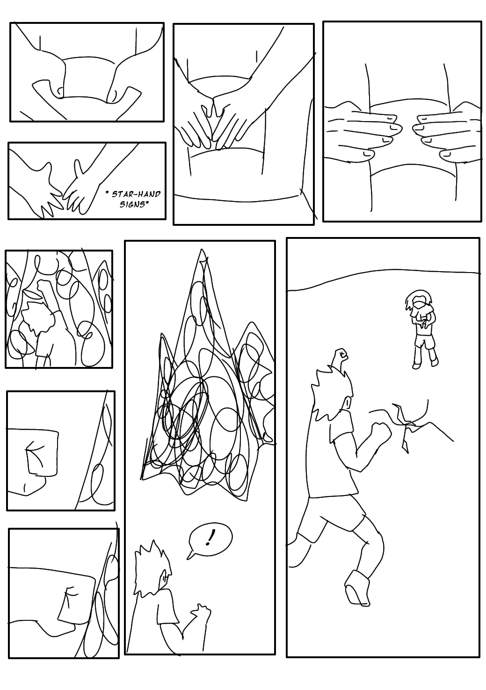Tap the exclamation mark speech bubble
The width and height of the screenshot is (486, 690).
coord(209,539)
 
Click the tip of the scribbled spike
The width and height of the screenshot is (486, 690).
coord(202,250)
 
